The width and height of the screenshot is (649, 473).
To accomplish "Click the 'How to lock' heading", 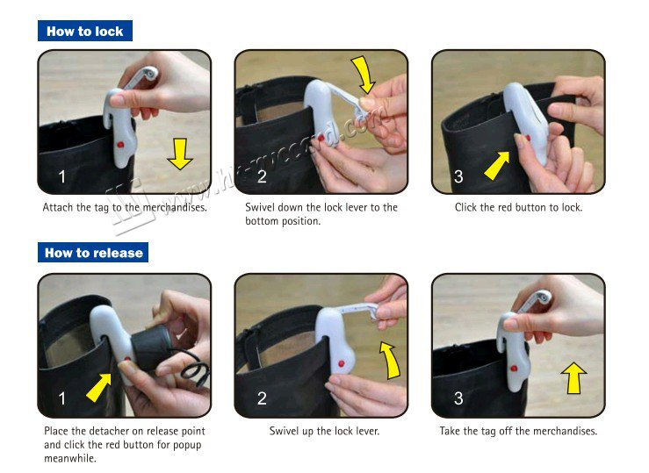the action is click(x=85, y=31).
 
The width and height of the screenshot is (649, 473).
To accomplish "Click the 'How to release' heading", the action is click(x=93, y=253).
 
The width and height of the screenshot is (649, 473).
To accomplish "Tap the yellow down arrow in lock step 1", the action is click(x=180, y=154).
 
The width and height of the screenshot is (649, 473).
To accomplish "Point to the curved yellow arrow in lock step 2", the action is click(x=363, y=75).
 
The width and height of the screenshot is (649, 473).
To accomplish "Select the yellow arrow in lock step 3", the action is click(x=497, y=165).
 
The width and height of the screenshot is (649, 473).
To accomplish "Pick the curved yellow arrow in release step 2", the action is click(x=391, y=360).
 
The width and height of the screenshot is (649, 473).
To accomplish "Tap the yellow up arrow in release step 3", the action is click(x=573, y=378).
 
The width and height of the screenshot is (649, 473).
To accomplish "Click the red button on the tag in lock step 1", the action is click(x=120, y=145).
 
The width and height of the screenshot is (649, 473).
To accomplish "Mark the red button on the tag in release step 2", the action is click(x=342, y=363).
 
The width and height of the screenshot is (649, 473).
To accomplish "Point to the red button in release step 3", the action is click(x=514, y=368).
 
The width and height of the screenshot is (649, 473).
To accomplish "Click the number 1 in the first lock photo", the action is click(x=62, y=176).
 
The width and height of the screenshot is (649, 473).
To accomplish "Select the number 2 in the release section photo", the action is click(x=262, y=398).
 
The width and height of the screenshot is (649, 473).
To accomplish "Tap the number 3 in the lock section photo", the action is click(x=458, y=176).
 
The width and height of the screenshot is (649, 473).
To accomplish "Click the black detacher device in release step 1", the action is click(x=151, y=348).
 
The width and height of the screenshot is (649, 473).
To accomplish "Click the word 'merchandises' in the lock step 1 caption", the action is click(x=174, y=207).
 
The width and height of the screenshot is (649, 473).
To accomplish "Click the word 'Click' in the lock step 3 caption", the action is click(x=465, y=207).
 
